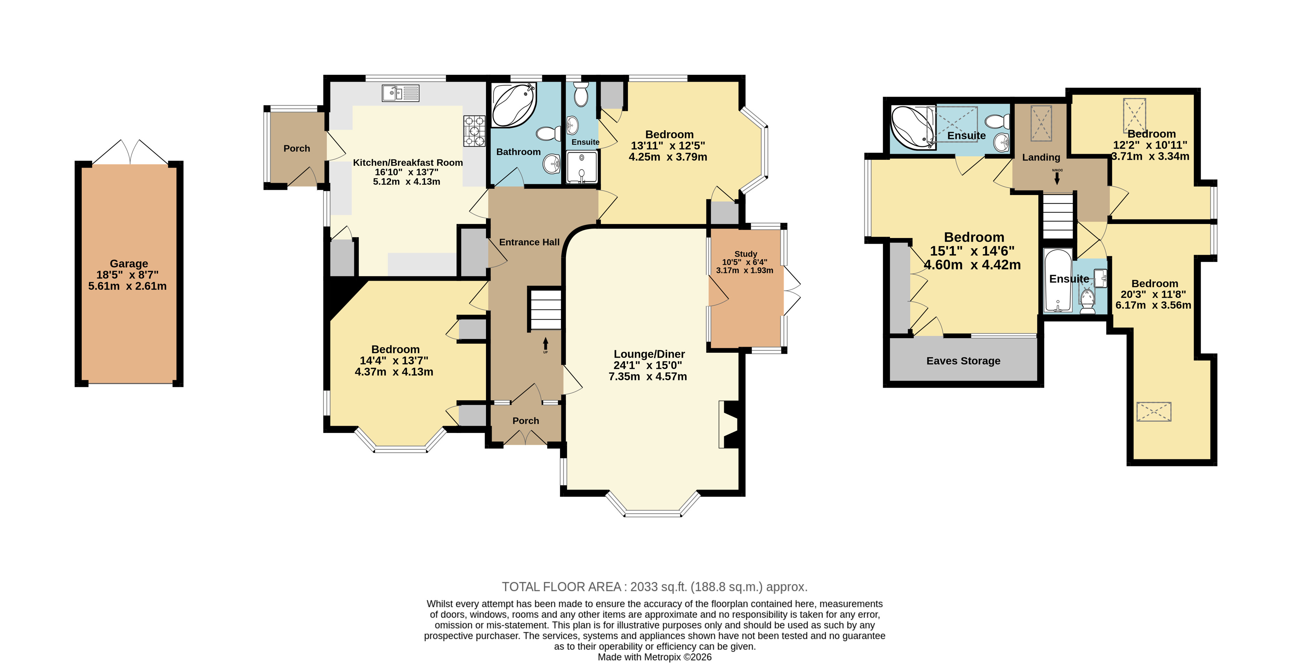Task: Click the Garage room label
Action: [x=129, y=263]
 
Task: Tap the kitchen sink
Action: [x=400, y=93]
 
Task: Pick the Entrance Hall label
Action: [x=529, y=242]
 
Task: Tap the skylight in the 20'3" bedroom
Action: [x=1153, y=411]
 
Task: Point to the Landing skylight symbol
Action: [x=1041, y=123]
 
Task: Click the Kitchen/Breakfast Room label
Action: [x=408, y=163]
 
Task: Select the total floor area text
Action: [x=655, y=587]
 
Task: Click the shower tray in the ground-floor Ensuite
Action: [x=582, y=167]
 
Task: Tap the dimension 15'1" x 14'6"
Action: [x=972, y=251]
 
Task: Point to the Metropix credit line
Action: [x=655, y=657]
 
